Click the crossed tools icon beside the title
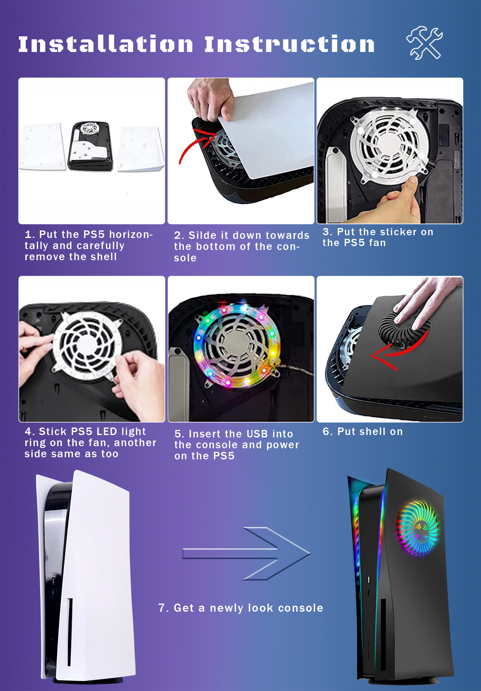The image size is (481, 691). [424, 43]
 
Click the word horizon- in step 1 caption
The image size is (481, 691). [131, 234]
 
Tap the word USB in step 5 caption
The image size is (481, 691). [257, 434]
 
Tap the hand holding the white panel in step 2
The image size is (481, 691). [211, 98]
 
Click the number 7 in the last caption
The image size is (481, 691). [162, 608]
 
